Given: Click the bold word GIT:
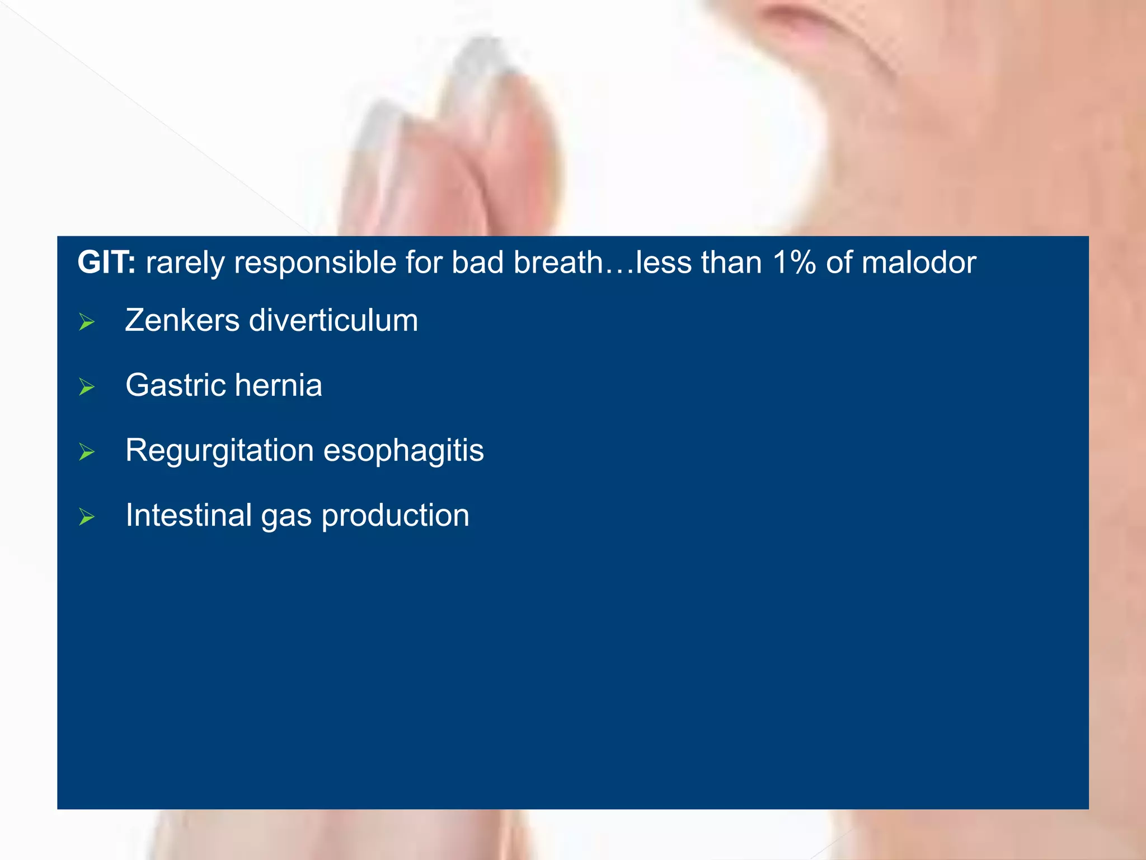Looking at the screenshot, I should (x=106, y=262).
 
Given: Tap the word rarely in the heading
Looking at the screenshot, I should (x=185, y=263).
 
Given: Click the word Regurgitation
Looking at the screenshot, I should (x=219, y=451).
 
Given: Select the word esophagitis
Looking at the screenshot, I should (x=403, y=451).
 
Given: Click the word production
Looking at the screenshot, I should (x=395, y=516).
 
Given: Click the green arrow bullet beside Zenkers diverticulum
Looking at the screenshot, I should (x=87, y=322).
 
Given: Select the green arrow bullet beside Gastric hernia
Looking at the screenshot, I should (x=87, y=387).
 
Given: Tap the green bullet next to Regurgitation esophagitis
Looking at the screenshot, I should (x=87, y=452).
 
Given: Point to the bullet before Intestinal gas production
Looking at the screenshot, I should (x=87, y=517).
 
